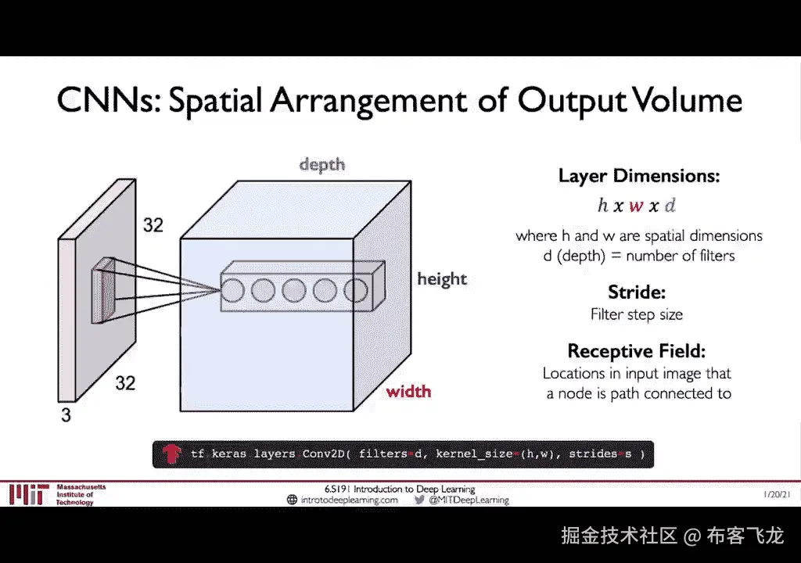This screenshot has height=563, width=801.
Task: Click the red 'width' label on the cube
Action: [x=408, y=390]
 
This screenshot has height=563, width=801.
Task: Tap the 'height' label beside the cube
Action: [x=441, y=279]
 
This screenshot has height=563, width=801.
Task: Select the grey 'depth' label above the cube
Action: [x=321, y=164]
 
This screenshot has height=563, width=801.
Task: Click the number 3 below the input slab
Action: [x=66, y=416]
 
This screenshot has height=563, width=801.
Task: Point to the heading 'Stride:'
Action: [x=637, y=293]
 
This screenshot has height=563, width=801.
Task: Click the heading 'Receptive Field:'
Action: [x=637, y=350]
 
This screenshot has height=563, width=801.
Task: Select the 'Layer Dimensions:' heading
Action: [x=638, y=176]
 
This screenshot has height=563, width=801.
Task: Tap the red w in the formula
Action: [x=636, y=206]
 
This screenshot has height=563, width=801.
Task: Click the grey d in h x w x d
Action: [x=670, y=206]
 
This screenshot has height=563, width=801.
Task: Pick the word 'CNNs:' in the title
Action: [x=104, y=102]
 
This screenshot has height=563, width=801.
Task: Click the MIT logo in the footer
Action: [x=29, y=494]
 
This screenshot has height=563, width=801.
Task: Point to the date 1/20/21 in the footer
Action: [x=778, y=495]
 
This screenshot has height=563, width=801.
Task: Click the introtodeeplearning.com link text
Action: [x=349, y=500]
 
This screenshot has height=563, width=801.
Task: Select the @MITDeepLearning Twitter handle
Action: [x=469, y=500]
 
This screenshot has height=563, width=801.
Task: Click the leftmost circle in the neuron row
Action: [x=232, y=291]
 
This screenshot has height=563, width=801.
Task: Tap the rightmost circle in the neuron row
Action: [x=355, y=291]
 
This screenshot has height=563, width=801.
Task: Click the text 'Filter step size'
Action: [x=637, y=314]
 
